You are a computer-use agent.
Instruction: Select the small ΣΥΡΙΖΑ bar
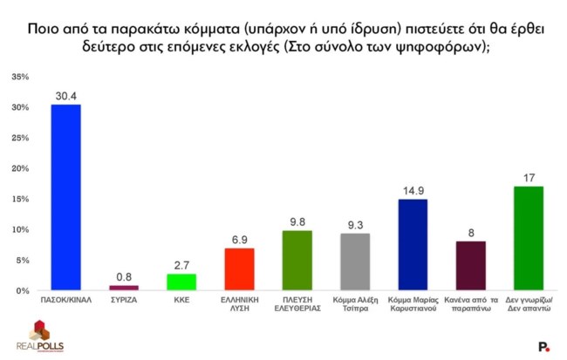click(x=124, y=288)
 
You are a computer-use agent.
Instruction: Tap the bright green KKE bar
click(x=181, y=282)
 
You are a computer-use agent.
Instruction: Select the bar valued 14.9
click(x=413, y=245)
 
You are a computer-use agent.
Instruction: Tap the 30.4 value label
click(x=66, y=96)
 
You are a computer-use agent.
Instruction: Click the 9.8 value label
click(x=298, y=221)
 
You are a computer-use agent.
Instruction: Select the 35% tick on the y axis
click(x=19, y=78)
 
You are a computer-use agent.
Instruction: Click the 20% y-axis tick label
click(x=19, y=169)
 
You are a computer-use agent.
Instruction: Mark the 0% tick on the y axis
click(x=22, y=290)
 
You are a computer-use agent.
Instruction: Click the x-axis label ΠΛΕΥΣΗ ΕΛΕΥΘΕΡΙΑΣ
click(x=298, y=305)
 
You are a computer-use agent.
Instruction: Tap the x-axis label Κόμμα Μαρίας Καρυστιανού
click(x=413, y=305)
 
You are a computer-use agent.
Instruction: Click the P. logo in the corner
click(x=543, y=346)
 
